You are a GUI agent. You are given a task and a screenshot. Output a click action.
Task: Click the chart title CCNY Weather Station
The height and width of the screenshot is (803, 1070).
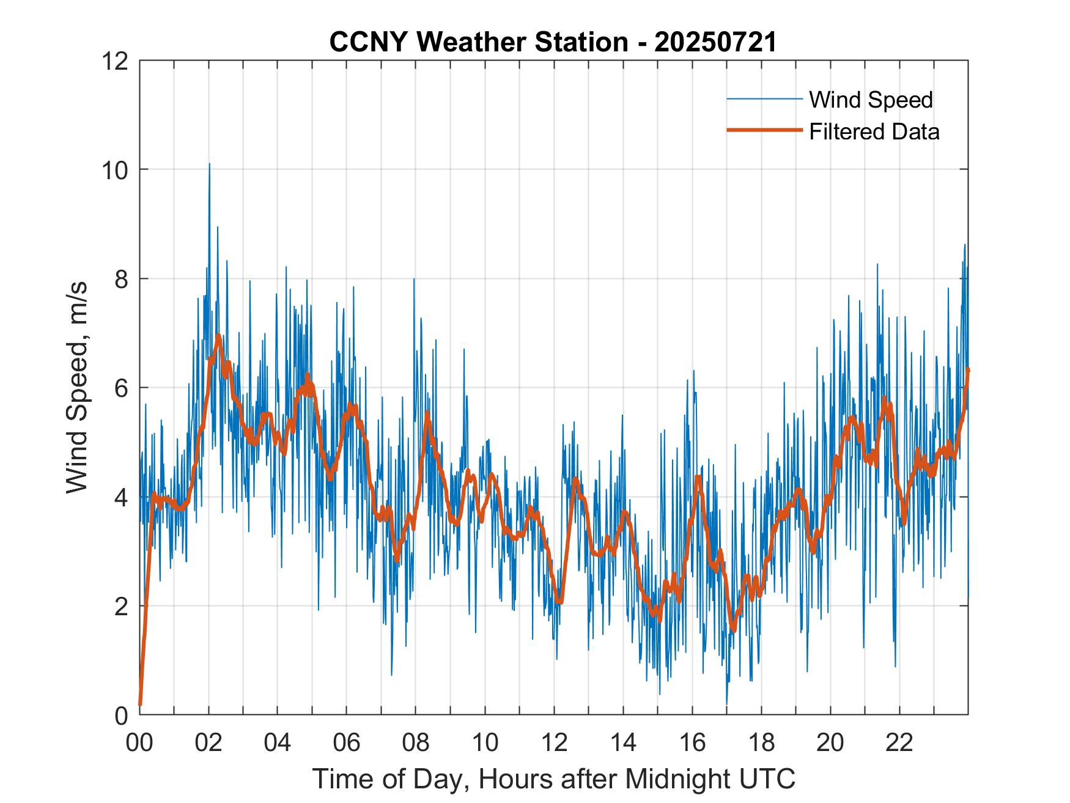tap(478, 42)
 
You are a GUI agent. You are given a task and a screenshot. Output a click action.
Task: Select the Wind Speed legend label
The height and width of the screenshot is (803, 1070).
tap(871, 100)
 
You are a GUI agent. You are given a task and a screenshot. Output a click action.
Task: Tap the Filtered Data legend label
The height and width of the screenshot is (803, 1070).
tap(874, 131)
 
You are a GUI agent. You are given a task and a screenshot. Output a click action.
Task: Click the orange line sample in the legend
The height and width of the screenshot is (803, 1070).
tap(764, 130)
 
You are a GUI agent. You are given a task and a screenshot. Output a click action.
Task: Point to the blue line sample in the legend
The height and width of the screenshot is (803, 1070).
tap(764, 99)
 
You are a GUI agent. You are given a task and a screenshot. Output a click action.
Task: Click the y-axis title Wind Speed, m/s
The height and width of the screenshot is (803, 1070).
tap(77, 387)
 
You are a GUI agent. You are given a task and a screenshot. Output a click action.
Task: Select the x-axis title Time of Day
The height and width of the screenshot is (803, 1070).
tap(553, 779)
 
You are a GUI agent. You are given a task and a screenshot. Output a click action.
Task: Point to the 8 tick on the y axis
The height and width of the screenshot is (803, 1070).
tap(121, 279)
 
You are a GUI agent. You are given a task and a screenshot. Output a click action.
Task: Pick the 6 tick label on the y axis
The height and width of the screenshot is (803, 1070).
tap(121, 388)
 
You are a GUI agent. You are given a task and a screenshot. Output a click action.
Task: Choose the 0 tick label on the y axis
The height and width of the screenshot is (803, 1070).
tap(121, 714)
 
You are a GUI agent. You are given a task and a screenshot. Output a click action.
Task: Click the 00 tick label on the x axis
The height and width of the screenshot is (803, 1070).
tap(139, 743)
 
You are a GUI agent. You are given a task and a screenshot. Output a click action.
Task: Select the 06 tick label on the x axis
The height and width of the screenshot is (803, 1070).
tap(347, 743)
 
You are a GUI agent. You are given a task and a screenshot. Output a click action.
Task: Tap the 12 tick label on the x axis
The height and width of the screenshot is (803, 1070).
tap(554, 743)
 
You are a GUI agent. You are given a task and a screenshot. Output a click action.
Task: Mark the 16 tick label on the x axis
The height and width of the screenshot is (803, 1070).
tap(692, 743)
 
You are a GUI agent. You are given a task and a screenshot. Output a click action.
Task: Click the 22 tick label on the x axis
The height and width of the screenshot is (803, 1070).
tap(899, 743)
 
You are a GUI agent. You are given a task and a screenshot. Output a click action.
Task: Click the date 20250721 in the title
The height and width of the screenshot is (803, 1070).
tap(715, 42)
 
